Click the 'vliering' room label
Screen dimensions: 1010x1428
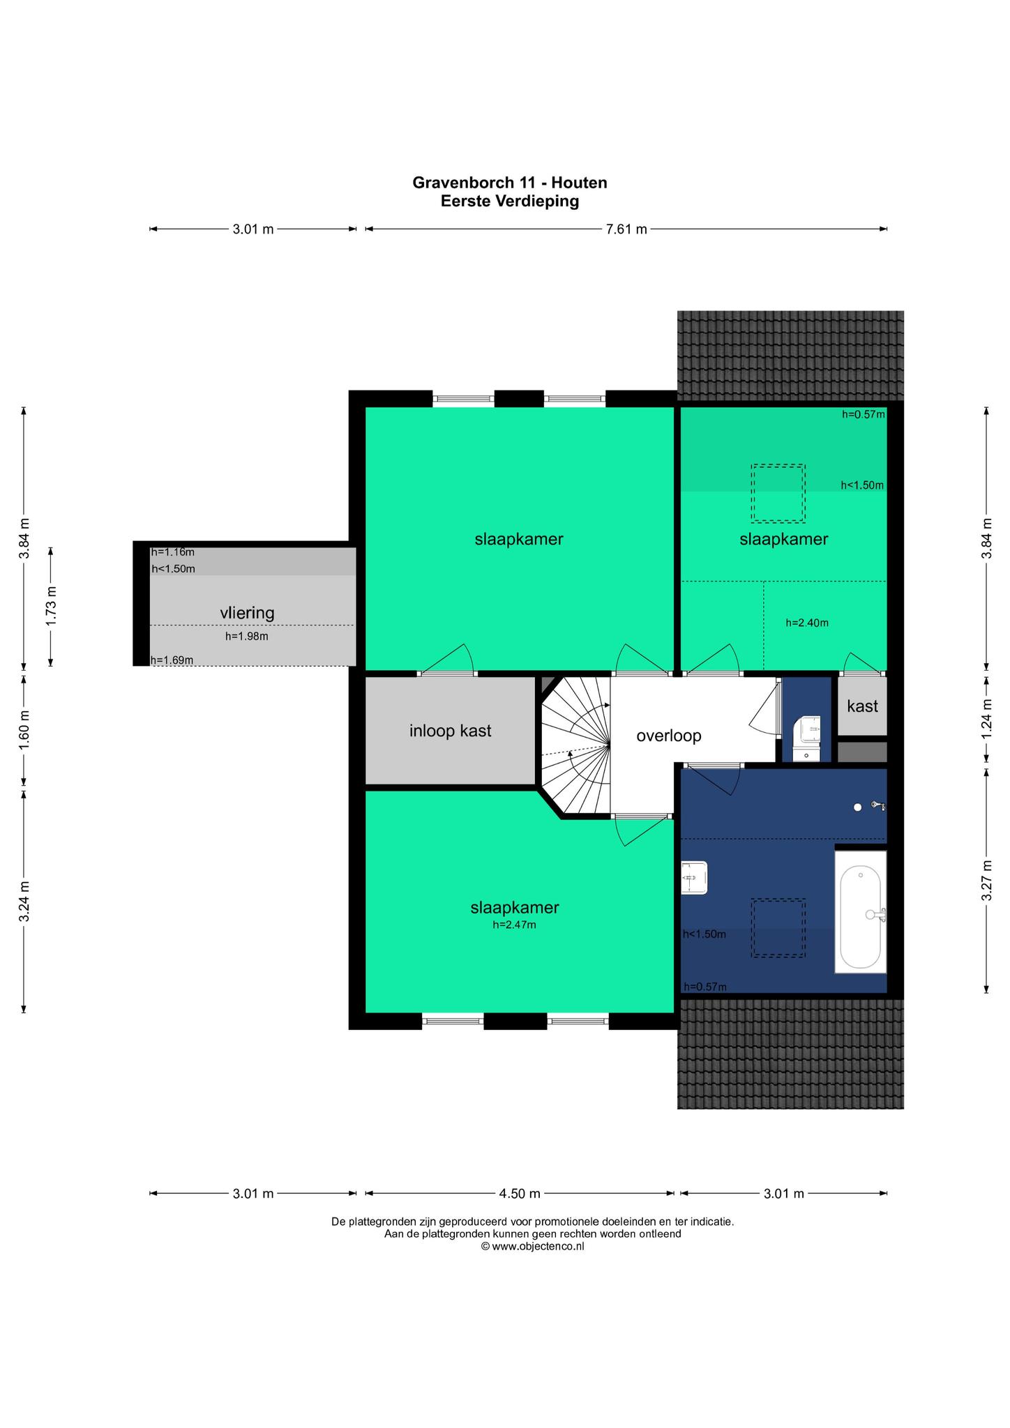pos(247,613)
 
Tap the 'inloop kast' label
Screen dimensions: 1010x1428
pos(450,731)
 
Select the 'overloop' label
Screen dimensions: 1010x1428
pos(668,736)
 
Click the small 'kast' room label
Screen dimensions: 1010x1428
pos(862,706)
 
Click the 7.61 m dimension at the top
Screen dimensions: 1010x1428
pos(626,229)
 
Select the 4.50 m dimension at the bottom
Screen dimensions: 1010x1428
pos(520,1193)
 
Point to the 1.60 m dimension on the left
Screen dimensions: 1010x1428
pos(24,729)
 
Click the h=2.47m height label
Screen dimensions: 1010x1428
pos(514,925)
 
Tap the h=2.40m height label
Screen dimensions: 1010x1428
pos(807,623)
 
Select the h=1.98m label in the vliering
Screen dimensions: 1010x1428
pos(246,636)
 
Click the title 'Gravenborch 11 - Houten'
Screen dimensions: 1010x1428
pos(510,183)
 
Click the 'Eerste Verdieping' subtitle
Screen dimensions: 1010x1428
pos(510,202)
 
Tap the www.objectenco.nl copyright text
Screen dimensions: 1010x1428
pos(532,1247)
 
